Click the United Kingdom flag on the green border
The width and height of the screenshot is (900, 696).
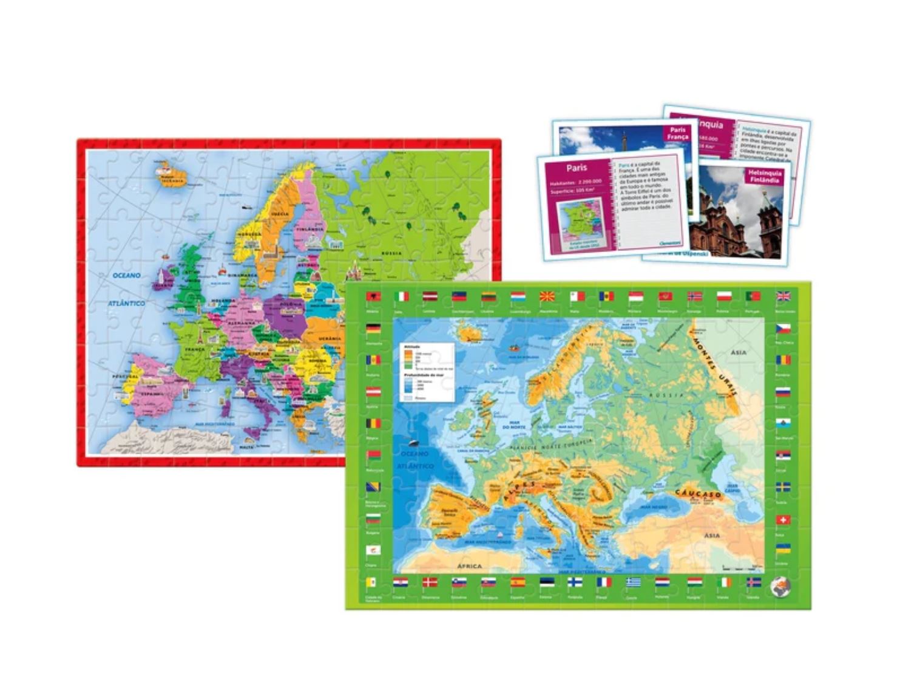(x=783, y=297)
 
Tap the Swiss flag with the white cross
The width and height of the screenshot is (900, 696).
(x=783, y=520)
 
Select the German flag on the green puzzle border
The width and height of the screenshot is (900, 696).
(x=373, y=329)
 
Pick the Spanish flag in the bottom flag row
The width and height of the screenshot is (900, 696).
(x=518, y=583)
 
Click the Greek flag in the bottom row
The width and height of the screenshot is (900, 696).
(x=633, y=583)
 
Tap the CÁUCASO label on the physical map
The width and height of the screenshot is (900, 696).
(x=697, y=494)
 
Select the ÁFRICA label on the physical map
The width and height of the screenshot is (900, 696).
(x=469, y=567)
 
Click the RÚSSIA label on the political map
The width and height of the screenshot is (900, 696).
(x=391, y=253)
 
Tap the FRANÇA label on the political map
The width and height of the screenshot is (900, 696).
(x=195, y=350)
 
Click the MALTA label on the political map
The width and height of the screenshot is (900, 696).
(x=246, y=446)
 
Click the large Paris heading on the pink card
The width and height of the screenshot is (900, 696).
(x=577, y=168)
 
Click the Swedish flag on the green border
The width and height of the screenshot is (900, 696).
(x=783, y=488)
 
